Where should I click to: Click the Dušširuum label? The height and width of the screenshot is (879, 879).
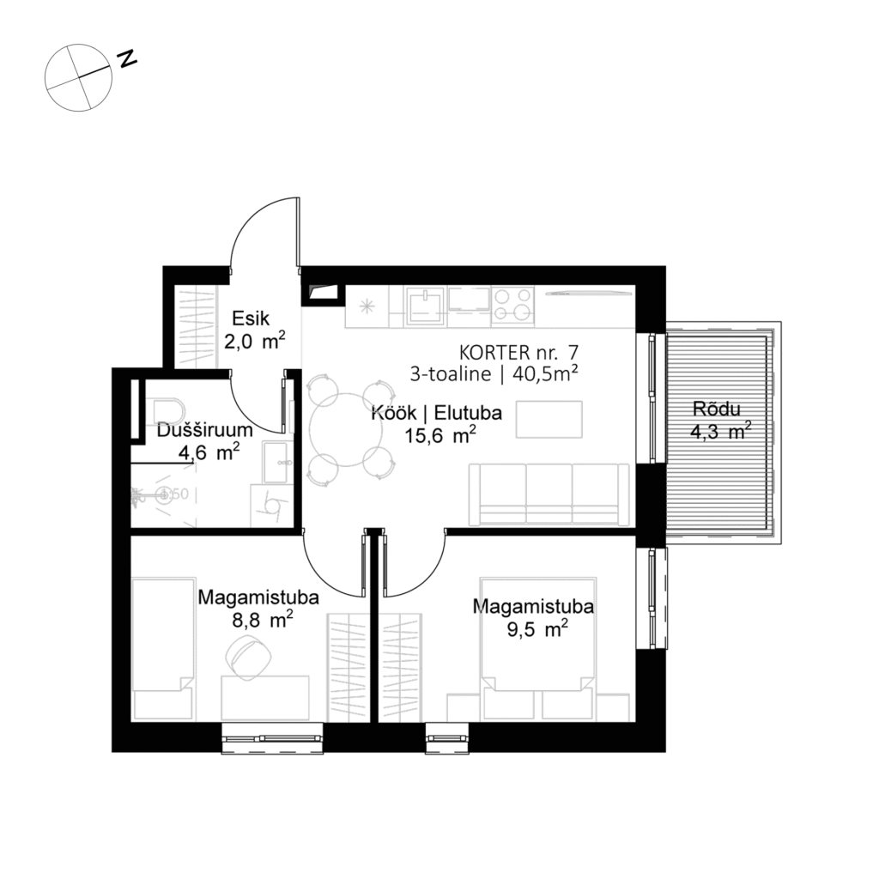[204, 431]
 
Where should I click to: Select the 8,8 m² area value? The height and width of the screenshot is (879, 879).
[258, 618]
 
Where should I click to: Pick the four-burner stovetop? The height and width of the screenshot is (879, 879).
[512, 305]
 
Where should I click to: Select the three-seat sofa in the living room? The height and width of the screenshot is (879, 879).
[550, 494]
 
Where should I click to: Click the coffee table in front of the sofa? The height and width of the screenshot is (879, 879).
[547, 418]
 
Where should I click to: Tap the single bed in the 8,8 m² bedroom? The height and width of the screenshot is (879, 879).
[163, 648]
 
